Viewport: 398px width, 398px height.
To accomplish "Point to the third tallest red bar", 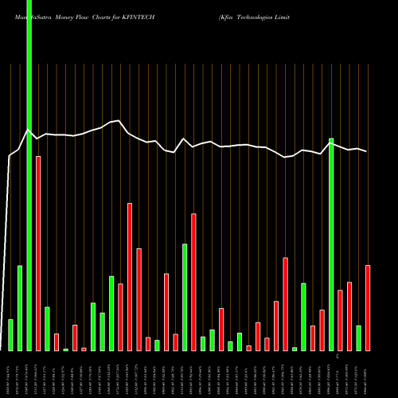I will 193,282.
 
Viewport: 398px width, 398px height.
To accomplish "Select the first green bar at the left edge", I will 11,335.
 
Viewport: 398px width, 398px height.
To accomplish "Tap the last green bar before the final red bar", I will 358,338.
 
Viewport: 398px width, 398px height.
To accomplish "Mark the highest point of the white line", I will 119,121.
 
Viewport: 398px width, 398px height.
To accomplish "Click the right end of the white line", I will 367,151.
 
